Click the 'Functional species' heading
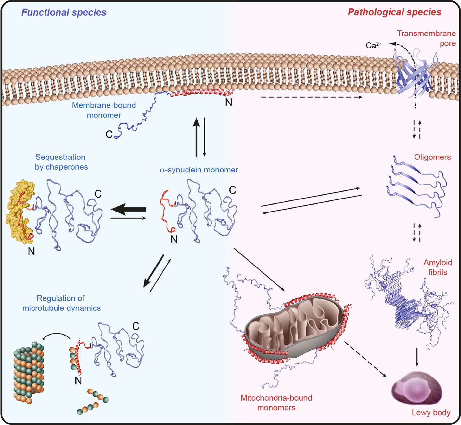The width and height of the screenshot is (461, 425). [x=64, y=12]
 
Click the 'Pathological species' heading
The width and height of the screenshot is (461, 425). [x=394, y=12]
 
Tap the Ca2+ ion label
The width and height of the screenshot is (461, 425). [x=373, y=45]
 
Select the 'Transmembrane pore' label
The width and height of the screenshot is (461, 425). [x=426, y=38]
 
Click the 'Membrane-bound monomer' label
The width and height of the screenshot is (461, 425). [x=104, y=110]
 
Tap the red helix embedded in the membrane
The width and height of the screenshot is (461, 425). [x=201, y=93]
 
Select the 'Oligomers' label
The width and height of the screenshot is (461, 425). [x=432, y=157]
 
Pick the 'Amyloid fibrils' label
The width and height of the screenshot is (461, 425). [x=437, y=267]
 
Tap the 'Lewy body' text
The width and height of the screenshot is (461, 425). [x=431, y=413]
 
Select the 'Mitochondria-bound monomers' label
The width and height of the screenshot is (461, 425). [x=276, y=403]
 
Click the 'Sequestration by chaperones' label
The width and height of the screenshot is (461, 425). [x=61, y=162]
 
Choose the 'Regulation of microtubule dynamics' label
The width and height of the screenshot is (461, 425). [x=61, y=303]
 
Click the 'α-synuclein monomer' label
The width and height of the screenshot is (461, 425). [x=199, y=170]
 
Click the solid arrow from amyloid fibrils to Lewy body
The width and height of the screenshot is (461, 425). [x=417, y=357]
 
